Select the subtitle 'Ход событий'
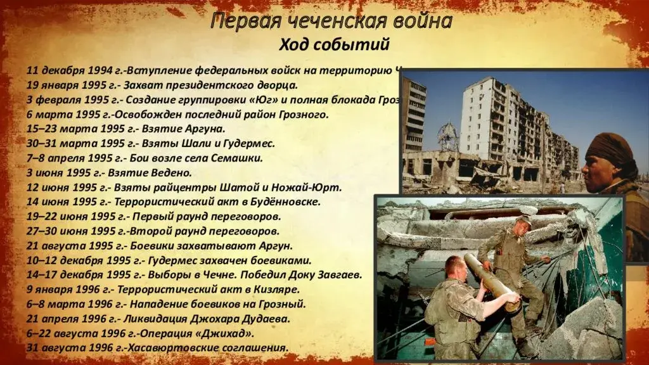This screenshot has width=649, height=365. coord(334,46)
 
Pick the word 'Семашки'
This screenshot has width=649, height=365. coord(239,158)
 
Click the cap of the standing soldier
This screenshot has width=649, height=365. coord(523,219)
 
